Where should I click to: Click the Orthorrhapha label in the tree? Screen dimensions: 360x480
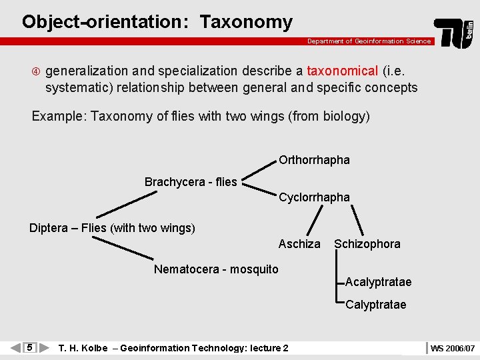coord(314,160)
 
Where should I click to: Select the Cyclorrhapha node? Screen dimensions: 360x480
coord(314,197)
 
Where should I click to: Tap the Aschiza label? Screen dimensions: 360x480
coord(299,244)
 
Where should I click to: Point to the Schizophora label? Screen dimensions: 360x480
coord(367,244)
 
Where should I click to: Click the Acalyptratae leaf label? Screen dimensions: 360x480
coord(379,282)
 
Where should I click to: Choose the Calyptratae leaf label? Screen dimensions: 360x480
coord(376,305)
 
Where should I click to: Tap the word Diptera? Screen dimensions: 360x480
coord(49,228)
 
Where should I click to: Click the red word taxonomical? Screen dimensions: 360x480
coord(343,71)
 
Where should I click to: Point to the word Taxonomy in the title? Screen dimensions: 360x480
coord(246,22)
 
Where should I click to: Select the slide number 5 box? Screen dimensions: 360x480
coord(29,347)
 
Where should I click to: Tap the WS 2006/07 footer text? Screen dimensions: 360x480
coord(453,348)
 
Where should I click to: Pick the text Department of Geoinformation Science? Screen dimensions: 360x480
coord(369,41)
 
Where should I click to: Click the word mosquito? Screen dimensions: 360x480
coord(254,269)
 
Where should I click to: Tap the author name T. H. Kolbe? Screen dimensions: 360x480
coord(83,348)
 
